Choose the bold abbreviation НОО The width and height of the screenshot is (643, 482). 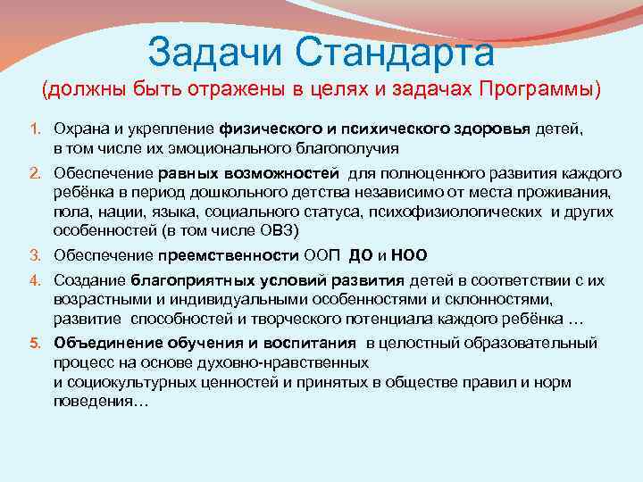pos(410,254)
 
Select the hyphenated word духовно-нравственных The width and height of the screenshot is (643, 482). pos(282,363)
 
